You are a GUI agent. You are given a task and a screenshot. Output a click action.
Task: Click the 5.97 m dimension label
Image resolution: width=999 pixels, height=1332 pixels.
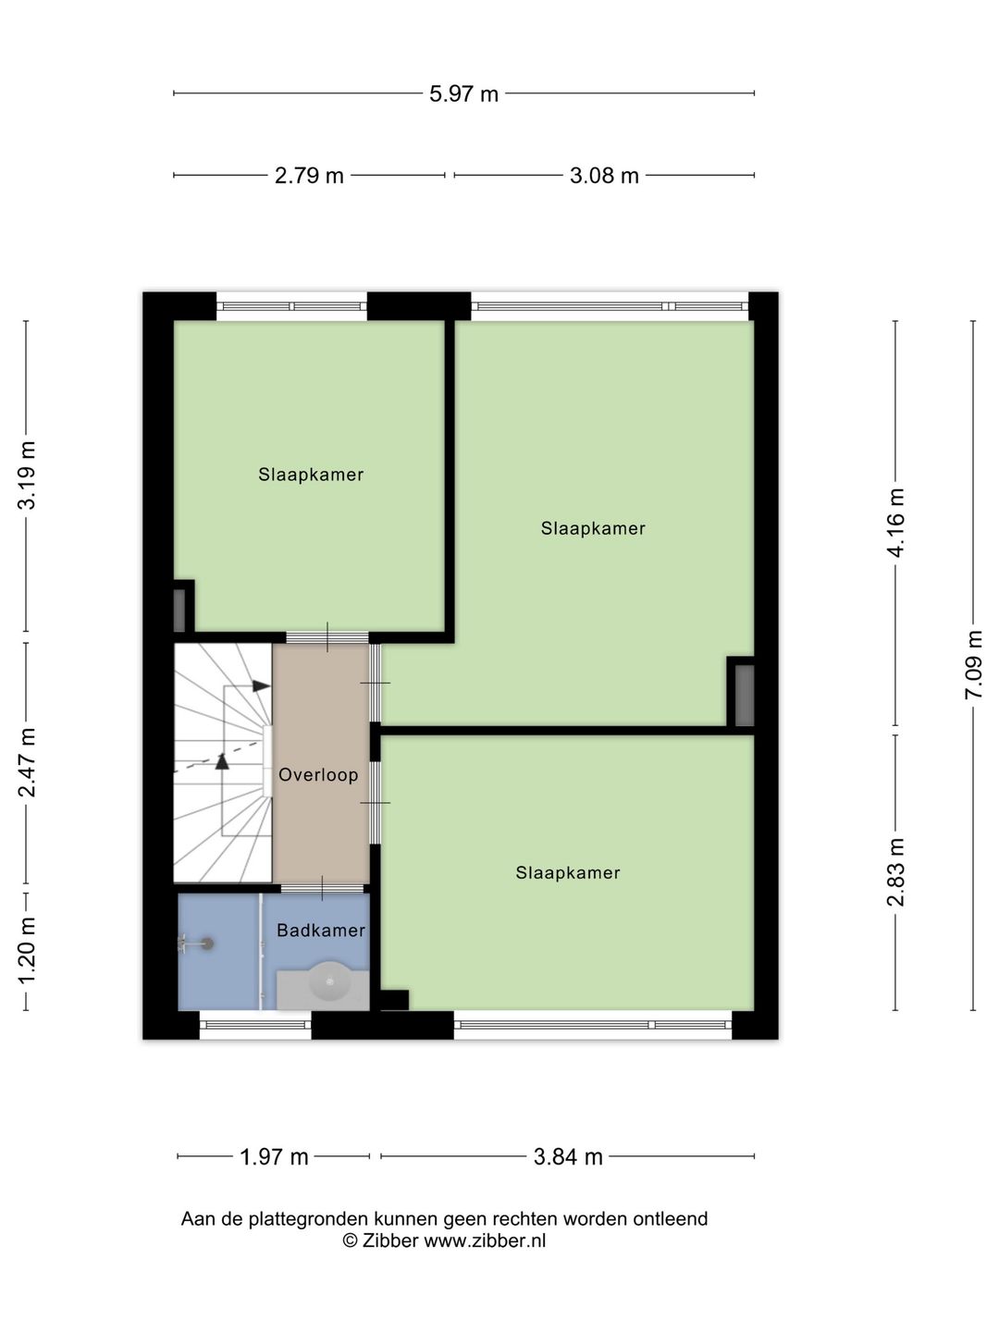pos(463,93)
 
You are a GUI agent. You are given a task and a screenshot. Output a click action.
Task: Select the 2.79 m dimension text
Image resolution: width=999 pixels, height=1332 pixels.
pos(309,176)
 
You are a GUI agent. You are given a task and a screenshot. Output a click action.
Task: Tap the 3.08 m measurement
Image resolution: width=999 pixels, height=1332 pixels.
pos(604,176)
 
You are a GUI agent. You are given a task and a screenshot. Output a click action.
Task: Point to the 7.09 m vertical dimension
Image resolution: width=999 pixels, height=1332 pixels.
pos(973,664)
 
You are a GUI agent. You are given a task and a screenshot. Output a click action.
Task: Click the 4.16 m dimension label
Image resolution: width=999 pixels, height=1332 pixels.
pos(895,523)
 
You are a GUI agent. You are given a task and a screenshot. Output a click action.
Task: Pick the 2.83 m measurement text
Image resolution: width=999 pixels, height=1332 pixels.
pos(895,872)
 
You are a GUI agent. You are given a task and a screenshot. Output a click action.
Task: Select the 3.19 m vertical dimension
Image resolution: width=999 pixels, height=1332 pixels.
pos(27,475)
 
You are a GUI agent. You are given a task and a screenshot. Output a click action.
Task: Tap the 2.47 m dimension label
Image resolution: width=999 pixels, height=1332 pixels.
pos(27,762)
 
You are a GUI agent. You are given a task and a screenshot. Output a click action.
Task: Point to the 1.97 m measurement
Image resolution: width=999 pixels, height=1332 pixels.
pos(274,1156)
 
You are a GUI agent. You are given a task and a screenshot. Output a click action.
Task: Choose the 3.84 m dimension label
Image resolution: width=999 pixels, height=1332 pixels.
pos(568,1156)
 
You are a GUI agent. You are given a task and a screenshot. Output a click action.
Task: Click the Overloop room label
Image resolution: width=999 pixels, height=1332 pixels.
pos(318,775)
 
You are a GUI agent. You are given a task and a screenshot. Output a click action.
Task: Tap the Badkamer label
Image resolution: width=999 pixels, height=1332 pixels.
pos(321,931)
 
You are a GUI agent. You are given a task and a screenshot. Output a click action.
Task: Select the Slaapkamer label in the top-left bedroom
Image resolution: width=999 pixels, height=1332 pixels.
pos(311,475)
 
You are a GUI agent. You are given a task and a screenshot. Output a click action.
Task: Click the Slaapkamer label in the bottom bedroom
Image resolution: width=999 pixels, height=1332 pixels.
pos(568,872)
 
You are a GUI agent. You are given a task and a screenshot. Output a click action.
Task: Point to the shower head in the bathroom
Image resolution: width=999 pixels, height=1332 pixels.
pos(206,943)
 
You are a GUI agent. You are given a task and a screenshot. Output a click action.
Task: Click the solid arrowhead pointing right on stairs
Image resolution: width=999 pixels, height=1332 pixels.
pos(261,685)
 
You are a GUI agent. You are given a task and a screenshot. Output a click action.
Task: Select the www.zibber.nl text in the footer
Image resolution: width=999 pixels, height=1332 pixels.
pos(485,1241)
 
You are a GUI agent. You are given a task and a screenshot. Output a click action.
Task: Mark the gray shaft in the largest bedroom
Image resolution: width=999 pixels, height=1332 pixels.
pos(744,694)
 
